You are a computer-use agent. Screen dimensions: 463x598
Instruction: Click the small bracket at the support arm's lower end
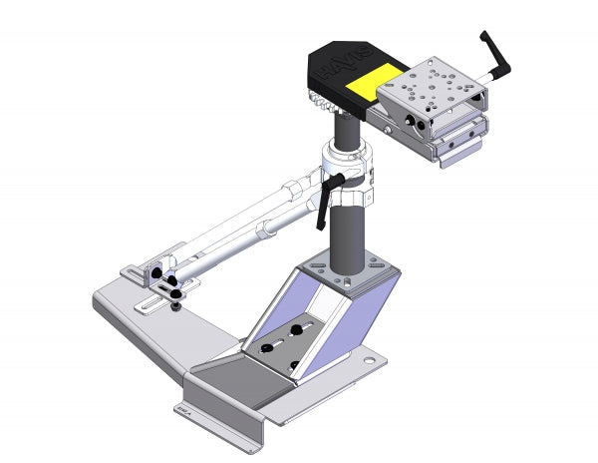(x=150, y=269)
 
